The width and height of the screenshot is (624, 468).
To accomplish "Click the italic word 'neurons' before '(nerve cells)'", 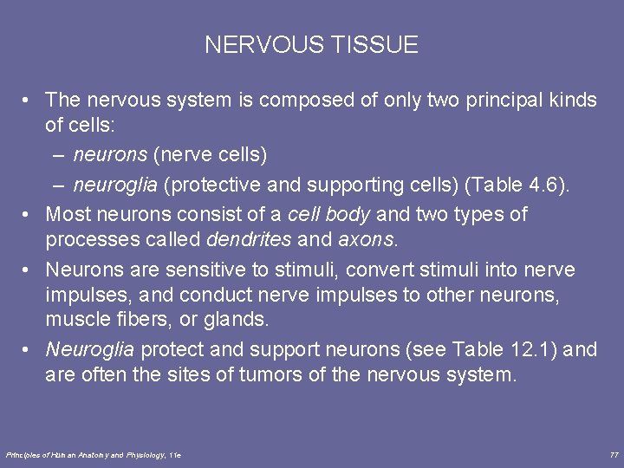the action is point(110,156).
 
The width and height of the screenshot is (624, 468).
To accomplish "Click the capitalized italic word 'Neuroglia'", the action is point(90,349).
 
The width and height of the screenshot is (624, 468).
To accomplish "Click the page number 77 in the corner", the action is point(614,454).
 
